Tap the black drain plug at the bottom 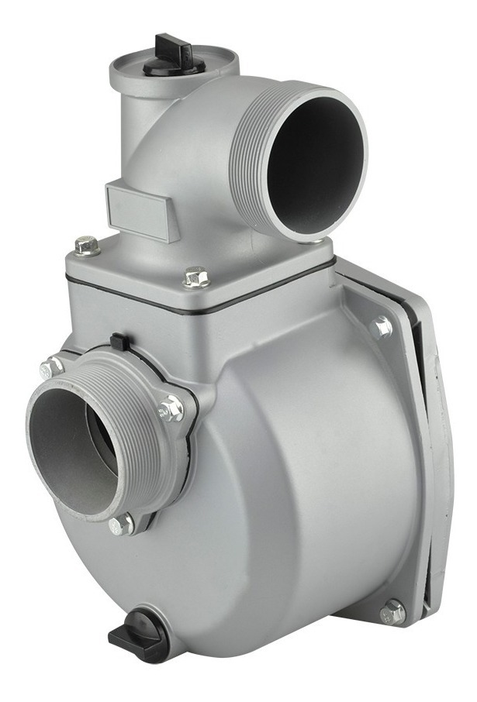140,633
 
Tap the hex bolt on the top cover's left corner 87,246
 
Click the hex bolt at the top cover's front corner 197,277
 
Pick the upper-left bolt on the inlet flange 50,367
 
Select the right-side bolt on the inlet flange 171,408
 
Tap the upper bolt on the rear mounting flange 382,327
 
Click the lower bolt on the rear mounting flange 392,612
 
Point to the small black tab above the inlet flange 118,341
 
